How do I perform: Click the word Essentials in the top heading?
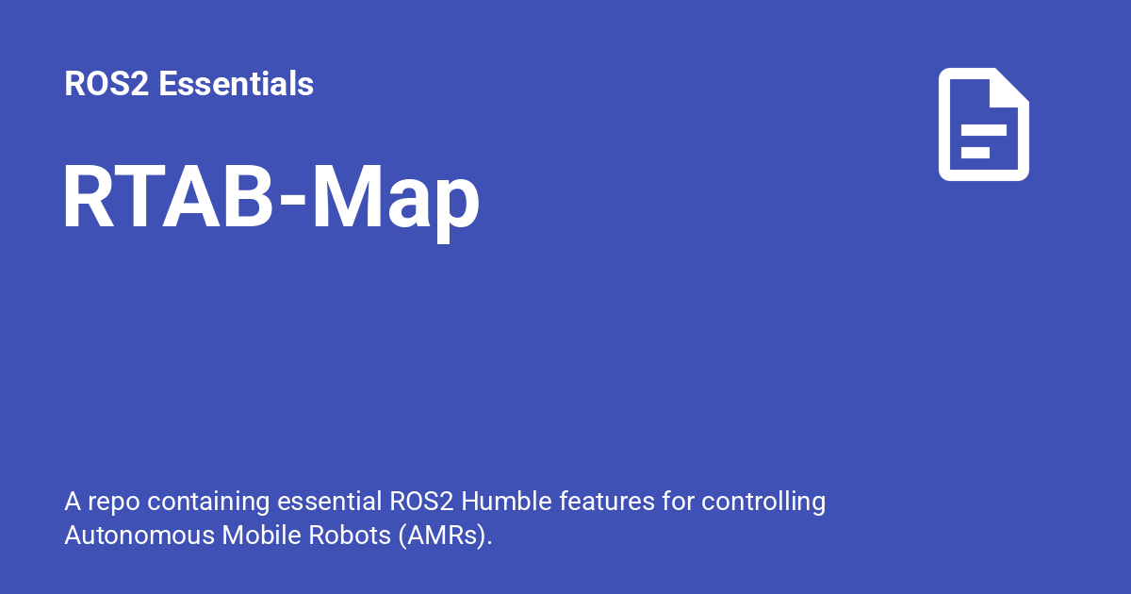click(x=236, y=83)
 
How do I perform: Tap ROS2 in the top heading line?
click(x=107, y=83)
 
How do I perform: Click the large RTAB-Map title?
click(x=271, y=199)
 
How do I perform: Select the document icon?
click(x=984, y=124)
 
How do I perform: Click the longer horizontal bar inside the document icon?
click(x=984, y=130)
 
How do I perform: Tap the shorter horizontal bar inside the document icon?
click(x=975, y=153)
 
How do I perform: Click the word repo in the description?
click(x=114, y=502)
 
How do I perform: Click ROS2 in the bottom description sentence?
click(x=421, y=502)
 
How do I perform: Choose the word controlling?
click(x=763, y=502)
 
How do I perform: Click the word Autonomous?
click(x=139, y=535)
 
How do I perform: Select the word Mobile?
click(x=261, y=535)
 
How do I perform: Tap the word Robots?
click(x=350, y=535)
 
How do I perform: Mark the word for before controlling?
click(x=678, y=502)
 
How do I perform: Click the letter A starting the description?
click(x=73, y=502)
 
